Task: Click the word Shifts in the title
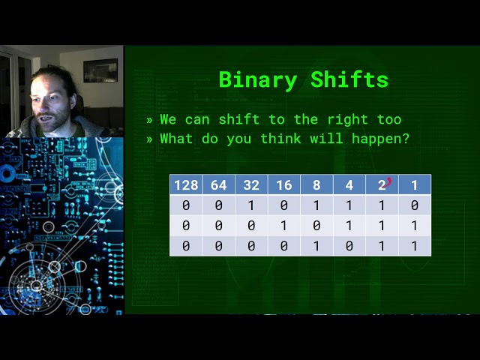[x=351, y=80]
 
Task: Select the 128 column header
[x=186, y=185]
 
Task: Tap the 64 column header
[x=219, y=185]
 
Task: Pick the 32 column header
[x=251, y=185]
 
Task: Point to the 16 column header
[x=284, y=185]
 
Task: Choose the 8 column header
[x=316, y=185]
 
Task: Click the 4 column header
[x=349, y=185]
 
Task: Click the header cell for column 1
[x=415, y=185]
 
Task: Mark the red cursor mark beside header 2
[x=389, y=181]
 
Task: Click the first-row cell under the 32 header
[x=251, y=205]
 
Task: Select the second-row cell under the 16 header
[x=284, y=226]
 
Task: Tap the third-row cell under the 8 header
[x=316, y=246]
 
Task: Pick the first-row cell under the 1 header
[x=415, y=205]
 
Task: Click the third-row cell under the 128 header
[x=186, y=246]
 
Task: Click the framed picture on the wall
[x=100, y=70]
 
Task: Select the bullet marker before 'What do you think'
[x=150, y=139]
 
